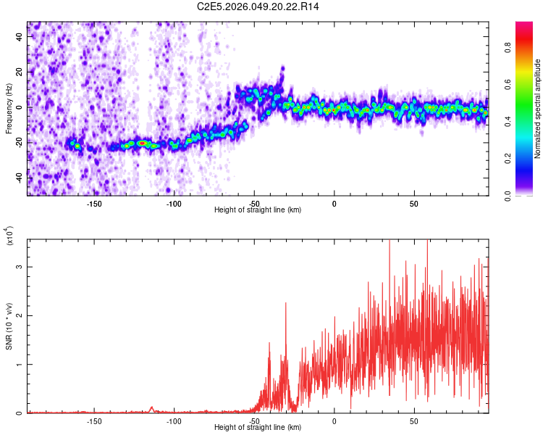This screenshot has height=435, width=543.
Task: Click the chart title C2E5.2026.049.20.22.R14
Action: coord(258,7)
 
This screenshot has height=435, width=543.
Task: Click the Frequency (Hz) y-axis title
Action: coord(9,107)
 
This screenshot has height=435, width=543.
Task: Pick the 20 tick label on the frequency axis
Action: coord(19,72)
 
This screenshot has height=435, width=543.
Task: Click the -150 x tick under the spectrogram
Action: coord(94,204)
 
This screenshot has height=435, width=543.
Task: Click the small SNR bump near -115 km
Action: coord(151,407)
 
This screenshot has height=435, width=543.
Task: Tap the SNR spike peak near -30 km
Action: coord(286,304)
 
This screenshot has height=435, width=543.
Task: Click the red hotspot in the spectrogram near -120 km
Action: coord(143,143)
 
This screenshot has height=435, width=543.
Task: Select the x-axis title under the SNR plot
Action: coord(258,428)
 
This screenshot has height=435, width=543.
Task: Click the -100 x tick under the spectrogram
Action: coord(174,204)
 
